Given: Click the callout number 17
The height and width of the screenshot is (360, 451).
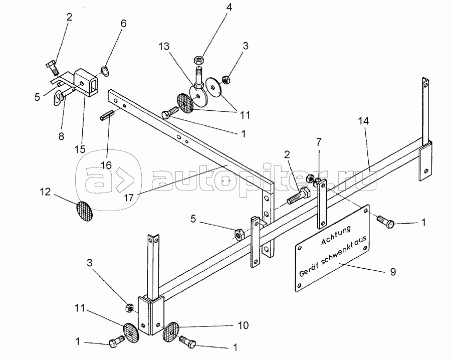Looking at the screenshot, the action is (x=129, y=198).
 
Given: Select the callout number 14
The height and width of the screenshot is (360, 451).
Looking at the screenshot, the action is (x=363, y=121).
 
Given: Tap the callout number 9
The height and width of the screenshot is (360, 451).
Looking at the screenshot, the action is (x=393, y=271).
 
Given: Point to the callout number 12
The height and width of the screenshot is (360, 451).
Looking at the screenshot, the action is (x=45, y=192).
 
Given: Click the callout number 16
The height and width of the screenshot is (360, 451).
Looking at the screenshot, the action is (x=106, y=165).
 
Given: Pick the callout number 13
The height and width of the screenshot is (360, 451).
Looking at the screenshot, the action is (x=164, y=46).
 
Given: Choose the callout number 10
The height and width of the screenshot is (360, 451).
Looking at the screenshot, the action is (x=243, y=325).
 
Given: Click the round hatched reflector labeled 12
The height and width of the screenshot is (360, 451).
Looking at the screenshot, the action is (x=85, y=211).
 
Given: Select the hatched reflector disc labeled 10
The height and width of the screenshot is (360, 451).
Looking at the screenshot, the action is (x=170, y=332).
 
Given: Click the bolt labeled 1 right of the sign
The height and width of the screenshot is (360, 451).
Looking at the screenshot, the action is (x=385, y=222).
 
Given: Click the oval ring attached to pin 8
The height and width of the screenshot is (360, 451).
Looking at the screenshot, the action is (x=59, y=97).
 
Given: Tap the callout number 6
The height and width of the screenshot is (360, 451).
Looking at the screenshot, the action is (x=123, y=24).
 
